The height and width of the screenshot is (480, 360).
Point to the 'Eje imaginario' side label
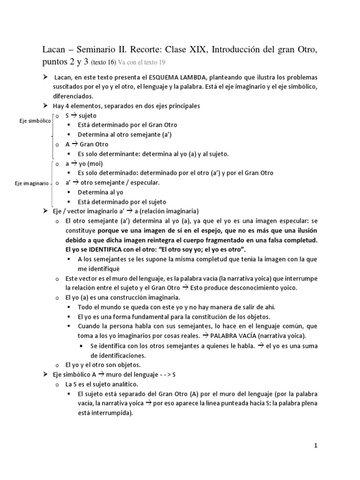[31, 183]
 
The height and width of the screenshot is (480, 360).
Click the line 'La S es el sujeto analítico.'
[99, 384]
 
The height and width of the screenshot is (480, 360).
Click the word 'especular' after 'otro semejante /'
[144, 183]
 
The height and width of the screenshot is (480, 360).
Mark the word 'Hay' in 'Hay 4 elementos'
[59, 106]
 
